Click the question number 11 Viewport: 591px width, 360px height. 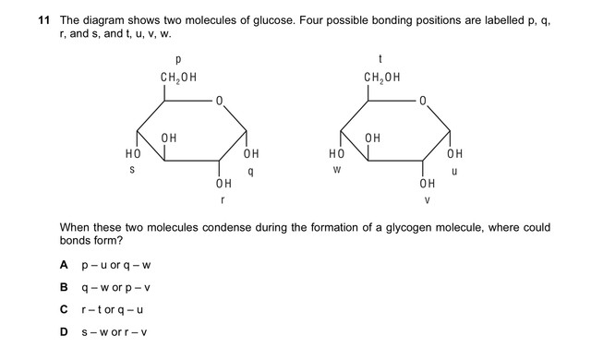43,20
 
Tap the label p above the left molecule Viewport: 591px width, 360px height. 178,59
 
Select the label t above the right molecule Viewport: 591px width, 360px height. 380,59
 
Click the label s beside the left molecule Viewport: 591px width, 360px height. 132,170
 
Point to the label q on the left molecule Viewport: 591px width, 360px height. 250,172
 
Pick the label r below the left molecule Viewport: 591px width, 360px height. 223,200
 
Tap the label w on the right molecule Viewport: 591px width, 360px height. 337,170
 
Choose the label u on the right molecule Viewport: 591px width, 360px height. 454,172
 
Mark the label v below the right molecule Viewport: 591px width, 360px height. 427,200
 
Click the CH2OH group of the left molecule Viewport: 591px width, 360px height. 178,78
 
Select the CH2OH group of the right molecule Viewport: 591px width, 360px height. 382,78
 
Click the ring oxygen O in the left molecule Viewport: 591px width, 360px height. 219,101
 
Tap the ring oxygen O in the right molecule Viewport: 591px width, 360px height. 423,101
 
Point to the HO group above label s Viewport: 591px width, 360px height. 133,153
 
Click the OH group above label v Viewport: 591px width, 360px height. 428,184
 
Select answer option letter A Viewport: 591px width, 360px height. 64,265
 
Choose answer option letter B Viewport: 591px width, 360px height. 64,287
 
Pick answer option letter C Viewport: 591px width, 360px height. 64,309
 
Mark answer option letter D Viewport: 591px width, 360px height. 64,332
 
